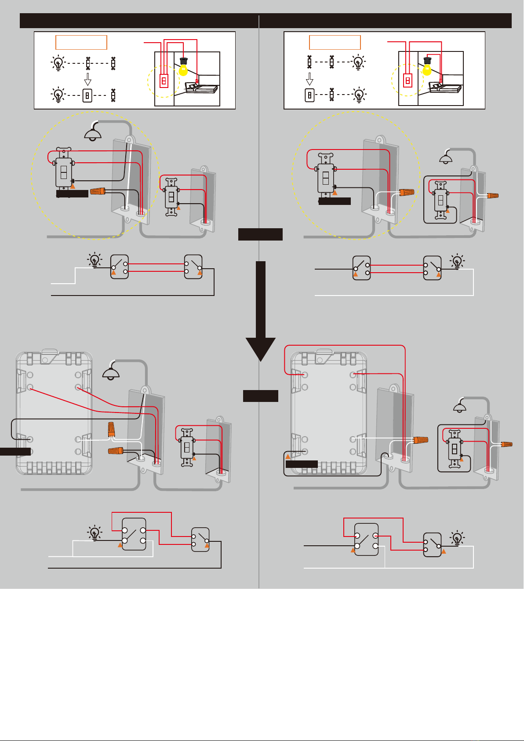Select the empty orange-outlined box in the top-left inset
81,42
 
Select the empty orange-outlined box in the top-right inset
335,42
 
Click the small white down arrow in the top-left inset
88,80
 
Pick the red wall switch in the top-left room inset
164,80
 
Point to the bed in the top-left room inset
202,88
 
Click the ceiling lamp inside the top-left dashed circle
93,133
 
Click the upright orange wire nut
112,429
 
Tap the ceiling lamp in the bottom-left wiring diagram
111,373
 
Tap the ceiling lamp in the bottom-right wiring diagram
459,407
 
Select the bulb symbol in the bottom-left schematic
95,533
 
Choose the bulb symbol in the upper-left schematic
95,260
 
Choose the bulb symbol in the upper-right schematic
458,261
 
